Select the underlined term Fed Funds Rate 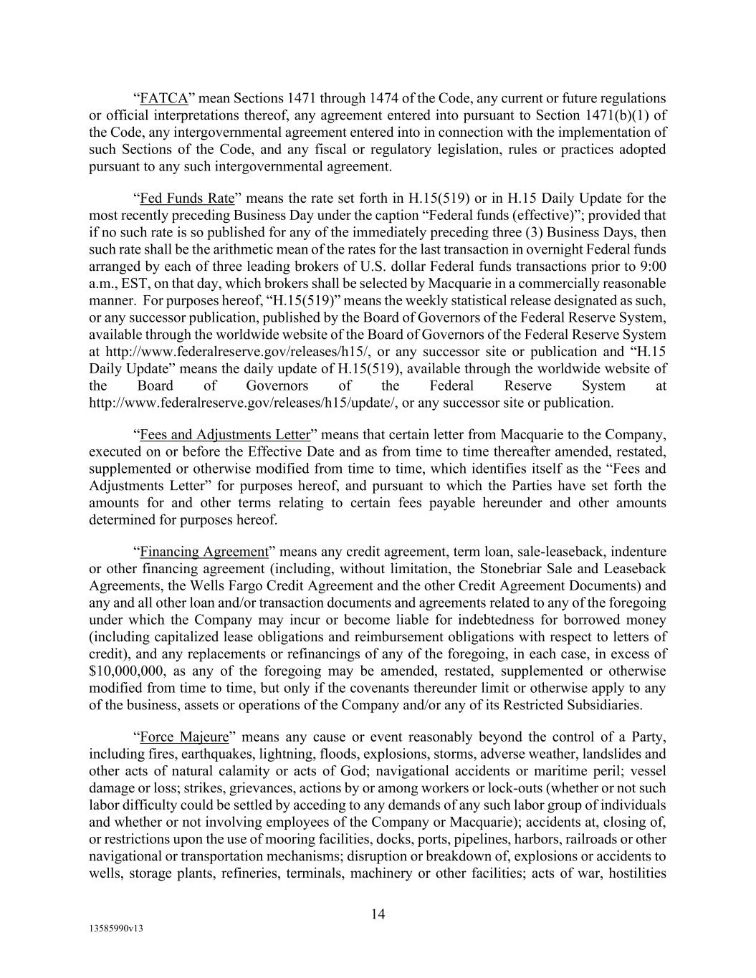pyautogui.click(x=187, y=198)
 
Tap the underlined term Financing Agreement pyautogui.click(x=204, y=552)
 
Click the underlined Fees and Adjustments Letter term pyautogui.click(x=225, y=435)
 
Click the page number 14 pyautogui.click(x=378, y=914)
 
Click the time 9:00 pyautogui.click(x=653, y=267)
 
